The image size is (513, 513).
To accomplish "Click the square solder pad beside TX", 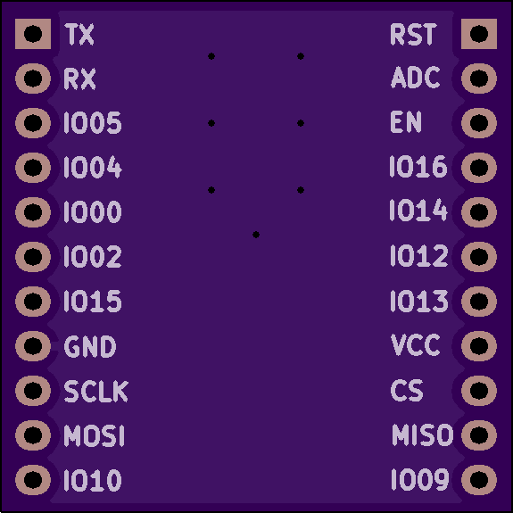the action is tap(33, 34).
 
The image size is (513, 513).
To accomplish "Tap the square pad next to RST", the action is tap(479, 34).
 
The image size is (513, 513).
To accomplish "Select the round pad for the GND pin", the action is tap(33, 346).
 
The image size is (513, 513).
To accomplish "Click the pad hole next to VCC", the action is tap(479, 346).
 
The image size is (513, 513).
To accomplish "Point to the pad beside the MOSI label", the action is tap(33, 435).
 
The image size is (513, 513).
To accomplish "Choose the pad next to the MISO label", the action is tap(479, 435).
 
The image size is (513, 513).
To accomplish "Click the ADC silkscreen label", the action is tap(416, 78).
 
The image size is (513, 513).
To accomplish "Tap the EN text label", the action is tap(406, 121).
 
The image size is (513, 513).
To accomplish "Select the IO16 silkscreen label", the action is tap(418, 167).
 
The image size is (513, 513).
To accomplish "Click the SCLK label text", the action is tap(95, 391).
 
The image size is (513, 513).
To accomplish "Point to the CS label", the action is tap(407, 390).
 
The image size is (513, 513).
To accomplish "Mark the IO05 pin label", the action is tap(93, 123).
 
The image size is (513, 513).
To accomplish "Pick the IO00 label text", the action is tap(93, 212).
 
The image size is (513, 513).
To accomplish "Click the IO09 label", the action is tap(420, 480).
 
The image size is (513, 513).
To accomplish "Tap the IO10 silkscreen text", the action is tap(93, 480).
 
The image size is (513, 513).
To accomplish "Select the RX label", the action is tap(79, 79).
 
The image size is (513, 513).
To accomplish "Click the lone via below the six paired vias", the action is tap(256, 235).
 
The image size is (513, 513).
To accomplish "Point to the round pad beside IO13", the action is tap(479, 302).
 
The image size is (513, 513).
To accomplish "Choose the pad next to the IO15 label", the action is tap(33, 302).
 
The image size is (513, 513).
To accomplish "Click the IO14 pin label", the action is tap(418, 211).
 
